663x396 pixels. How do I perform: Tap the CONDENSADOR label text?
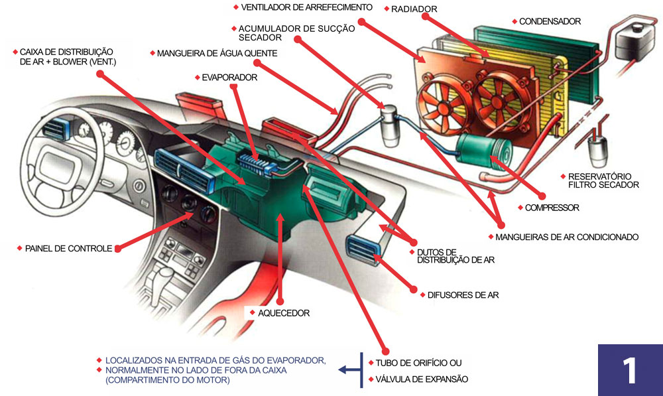(x=550, y=21)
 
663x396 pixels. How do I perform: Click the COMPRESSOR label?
(x=552, y=208)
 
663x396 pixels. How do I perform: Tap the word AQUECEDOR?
(x=283, y=312)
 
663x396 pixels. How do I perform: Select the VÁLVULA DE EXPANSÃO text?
(x=422, y=379)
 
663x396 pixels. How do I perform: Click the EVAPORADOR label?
(x=229, y=77)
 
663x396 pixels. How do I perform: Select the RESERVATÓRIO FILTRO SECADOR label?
(x=603, y=180)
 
